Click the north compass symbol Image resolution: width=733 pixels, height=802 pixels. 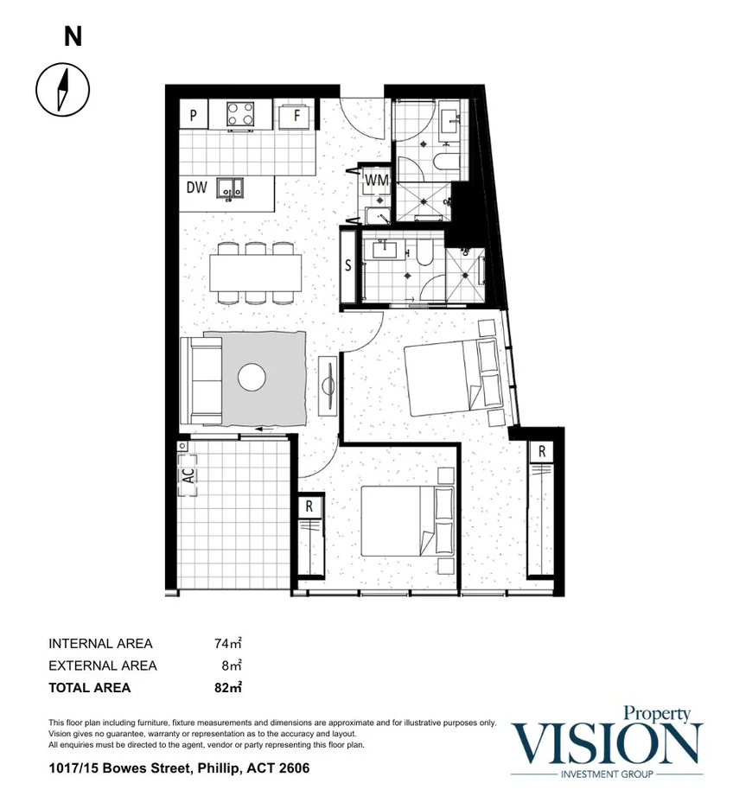62,88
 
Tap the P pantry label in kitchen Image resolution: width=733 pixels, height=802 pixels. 194,114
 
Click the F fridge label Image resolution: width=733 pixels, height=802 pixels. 296,114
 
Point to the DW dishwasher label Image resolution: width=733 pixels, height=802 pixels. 196,187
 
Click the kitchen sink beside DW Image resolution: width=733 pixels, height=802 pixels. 230,187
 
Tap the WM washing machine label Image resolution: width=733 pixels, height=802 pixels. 375,181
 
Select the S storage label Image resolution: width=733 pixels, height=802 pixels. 348,266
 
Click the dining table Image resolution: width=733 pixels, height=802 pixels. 255,272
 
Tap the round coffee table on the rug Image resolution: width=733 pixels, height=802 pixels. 252,378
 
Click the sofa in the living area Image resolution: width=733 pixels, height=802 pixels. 200,380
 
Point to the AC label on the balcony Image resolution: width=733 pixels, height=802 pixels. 188,475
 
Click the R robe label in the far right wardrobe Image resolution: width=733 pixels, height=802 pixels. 541,451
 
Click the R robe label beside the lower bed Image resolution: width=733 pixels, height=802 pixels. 309,506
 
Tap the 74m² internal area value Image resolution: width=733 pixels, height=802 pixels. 227,643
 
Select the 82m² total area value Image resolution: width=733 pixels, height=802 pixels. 227,688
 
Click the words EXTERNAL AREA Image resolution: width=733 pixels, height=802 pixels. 103,665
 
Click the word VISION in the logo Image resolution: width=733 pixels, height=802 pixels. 607,742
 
